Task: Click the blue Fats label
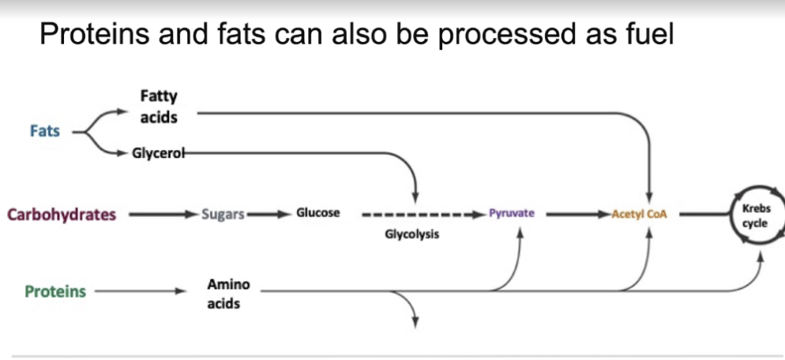coord(45,131)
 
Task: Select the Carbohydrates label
coord(62,214)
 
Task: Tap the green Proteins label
coord(55,292)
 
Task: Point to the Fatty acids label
coord(159,107)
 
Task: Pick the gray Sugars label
coord(223,214)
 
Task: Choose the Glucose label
coord(318,213)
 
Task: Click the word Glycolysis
coord(412,234)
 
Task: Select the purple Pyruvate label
coord(512,213)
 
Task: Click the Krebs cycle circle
coord(754,215)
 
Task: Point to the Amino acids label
coord(229,293)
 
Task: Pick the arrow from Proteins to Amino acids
coord(138,292)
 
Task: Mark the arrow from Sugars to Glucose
coord(269,214)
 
